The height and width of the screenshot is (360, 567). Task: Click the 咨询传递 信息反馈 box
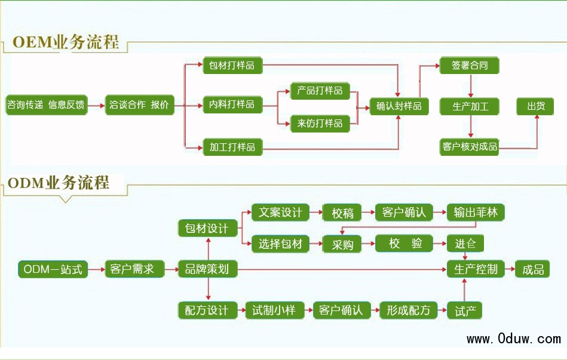pos(46,106)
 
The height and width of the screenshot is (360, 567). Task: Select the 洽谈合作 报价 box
pos(139,106)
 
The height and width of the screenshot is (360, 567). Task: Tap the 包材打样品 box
pos(232,65)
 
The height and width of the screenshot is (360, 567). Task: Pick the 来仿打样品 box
pos(320,123)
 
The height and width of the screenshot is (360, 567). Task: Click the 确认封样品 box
pos(399,106)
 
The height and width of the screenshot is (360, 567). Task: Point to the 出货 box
pos(535,106)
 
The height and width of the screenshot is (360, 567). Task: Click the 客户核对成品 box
pos(469,146)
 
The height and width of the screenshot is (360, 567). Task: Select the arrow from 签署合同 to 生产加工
pos(471,86)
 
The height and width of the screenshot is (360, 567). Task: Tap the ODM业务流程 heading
pos(58,183)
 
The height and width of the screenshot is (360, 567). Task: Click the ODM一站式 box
pos(53,269)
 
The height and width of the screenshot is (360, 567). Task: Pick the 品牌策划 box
pos(207,269)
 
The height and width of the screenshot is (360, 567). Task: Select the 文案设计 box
pos(280,213)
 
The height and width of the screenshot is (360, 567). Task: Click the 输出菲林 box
pos(476,213)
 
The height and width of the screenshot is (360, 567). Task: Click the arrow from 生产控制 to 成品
pos(509,269)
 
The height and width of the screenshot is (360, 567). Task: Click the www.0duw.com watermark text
pos(513,339)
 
